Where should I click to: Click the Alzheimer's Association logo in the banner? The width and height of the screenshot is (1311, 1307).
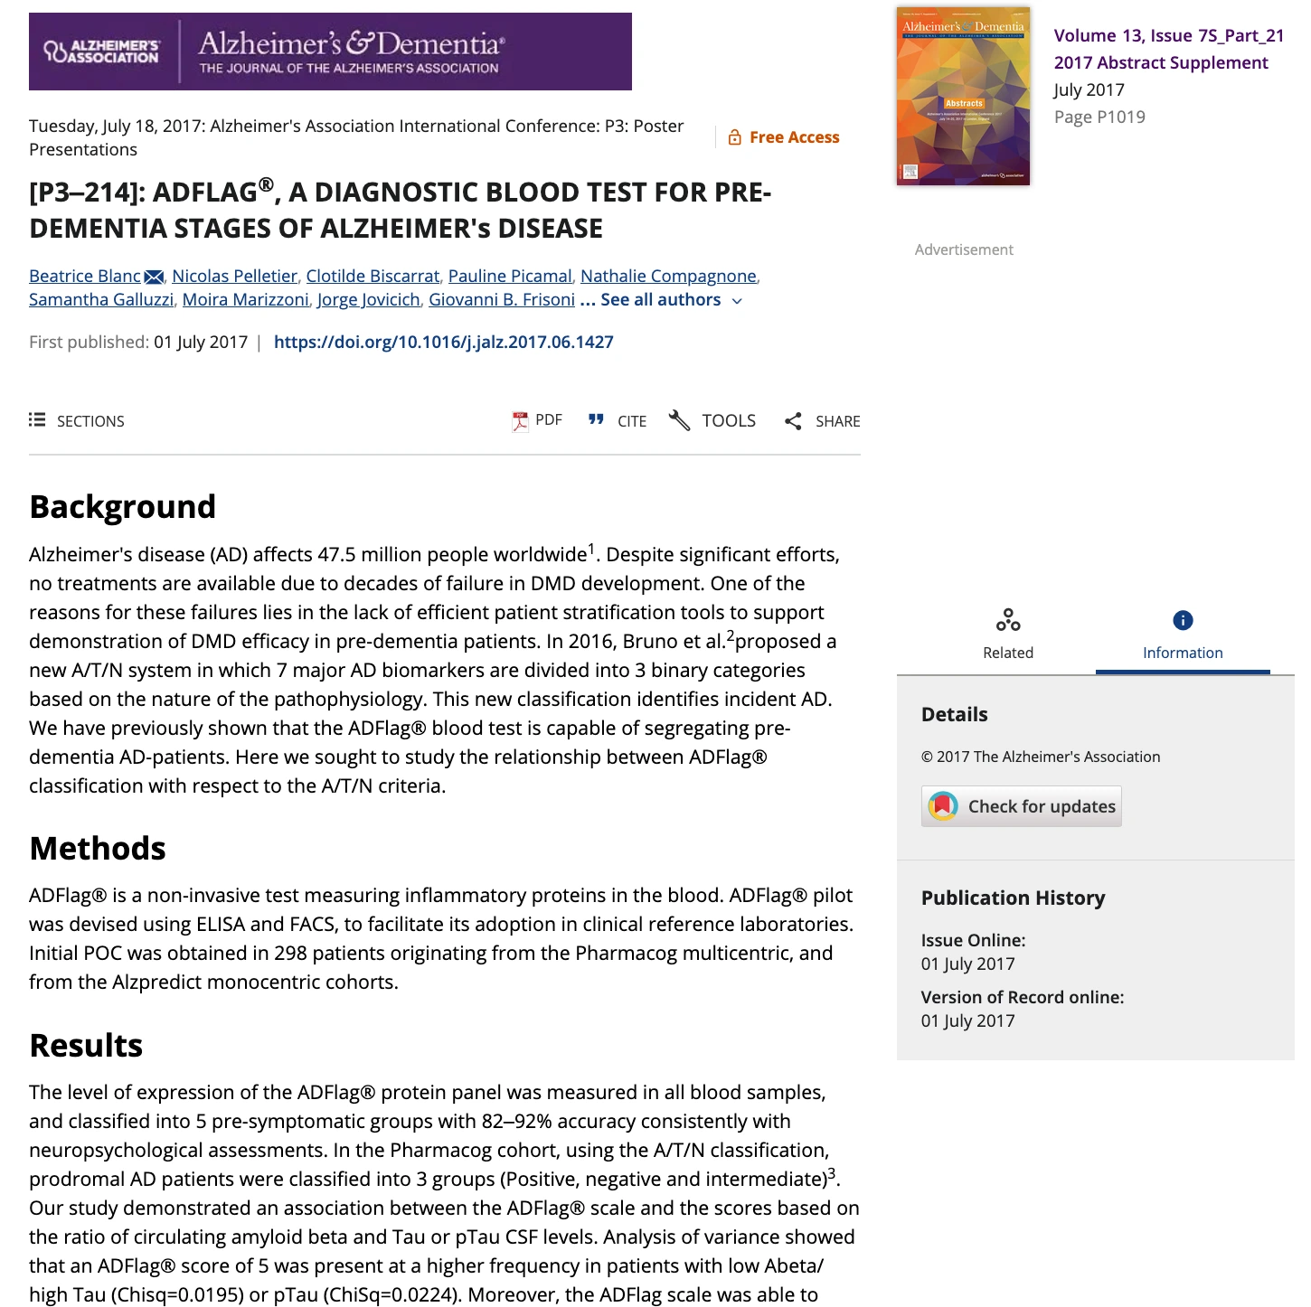pyautogui.click(x=102, y=52)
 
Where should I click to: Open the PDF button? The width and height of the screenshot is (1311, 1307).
pyautogui.click(x=537, y=420)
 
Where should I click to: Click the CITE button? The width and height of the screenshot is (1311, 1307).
pyautogui.click(x=618, y=421)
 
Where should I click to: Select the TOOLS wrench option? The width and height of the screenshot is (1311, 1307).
pyautogui.click(x=712, y=421)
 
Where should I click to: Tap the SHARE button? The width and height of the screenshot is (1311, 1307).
pyautogui.click(x=822, y=421)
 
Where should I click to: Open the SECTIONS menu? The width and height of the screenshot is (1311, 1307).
pyautogui.click(x=77, y=421)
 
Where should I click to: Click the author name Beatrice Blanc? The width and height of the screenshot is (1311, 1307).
pyautogui.click(x=85, y=277)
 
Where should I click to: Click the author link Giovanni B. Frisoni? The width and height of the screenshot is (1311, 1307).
pyautogui.click(x=501, y=300)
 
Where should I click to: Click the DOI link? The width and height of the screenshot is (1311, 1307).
pyautogui.click(x=443, y=343)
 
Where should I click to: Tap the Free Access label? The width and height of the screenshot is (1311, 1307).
pyautogui.click(x=784, y=137)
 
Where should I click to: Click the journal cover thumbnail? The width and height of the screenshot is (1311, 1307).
pyautogui.click(x=963, y=96)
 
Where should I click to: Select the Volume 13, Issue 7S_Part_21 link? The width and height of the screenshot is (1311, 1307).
pyautogui.click(x=1168, y=36)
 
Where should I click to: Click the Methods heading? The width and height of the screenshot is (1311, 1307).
pyautogui.click(x=98, y=849)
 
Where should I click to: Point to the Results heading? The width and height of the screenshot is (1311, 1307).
pyautogui.click(x=86, y=1046)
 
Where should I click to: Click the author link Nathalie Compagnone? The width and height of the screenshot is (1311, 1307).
pyautogui.click(x=668, y=277)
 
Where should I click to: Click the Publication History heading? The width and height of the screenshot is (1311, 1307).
pyautogui.click(x=1013, y=898)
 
